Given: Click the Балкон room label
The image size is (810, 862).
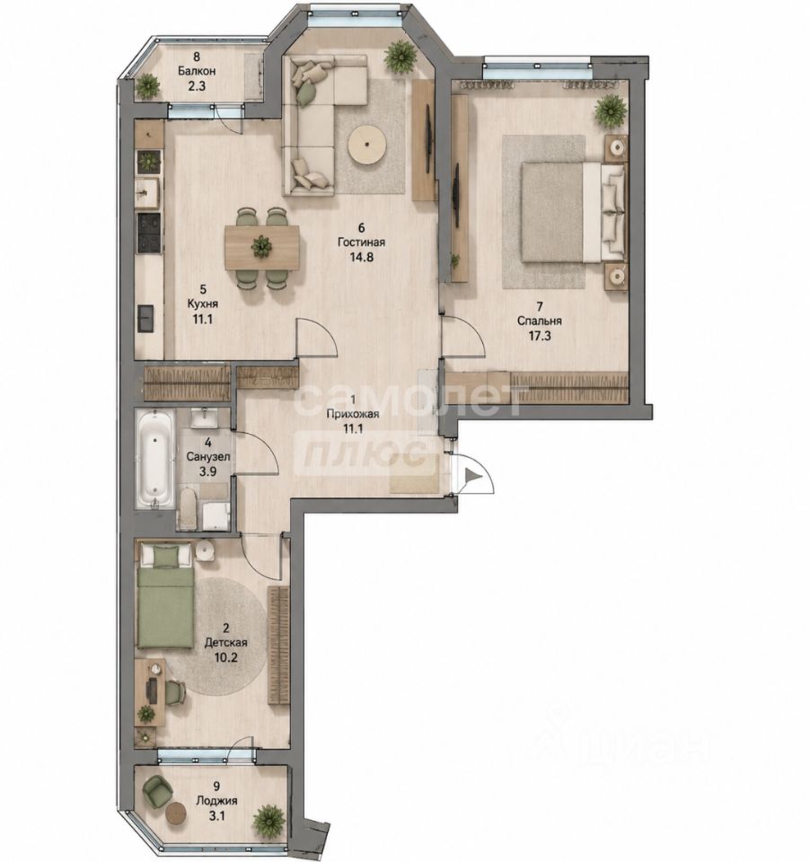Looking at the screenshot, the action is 197,71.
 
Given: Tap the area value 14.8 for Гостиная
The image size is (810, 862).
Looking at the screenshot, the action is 361,257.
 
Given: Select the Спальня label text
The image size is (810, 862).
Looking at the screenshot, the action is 540,321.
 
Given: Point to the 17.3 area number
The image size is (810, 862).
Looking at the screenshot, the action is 540,336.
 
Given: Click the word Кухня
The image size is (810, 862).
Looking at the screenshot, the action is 202,303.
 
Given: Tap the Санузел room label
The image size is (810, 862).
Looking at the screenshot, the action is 207,456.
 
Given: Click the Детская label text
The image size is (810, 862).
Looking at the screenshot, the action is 226,642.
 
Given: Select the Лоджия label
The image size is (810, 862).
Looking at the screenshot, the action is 217,801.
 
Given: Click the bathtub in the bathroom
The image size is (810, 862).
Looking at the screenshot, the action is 154,459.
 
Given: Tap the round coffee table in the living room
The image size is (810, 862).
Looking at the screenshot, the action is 367,145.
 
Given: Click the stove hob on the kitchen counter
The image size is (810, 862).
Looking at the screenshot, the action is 149,233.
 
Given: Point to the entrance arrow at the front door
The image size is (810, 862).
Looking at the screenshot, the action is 472,475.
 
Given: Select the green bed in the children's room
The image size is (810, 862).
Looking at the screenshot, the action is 165,596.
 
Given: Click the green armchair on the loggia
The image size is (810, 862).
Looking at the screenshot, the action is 158,790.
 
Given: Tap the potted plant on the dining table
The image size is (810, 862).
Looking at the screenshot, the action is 261,247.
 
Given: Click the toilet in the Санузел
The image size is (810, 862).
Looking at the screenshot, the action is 187,508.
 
